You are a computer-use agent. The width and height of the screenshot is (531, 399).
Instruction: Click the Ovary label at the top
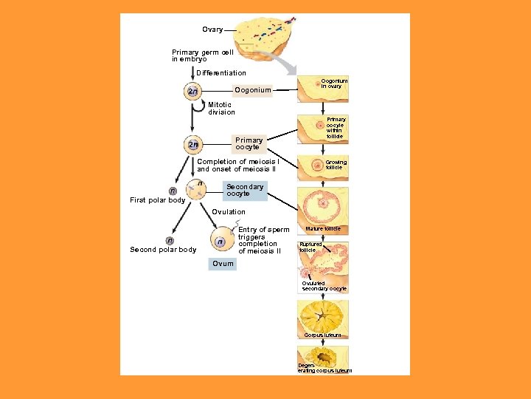coord(212,30)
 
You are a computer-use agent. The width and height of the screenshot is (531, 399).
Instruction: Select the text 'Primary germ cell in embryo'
coord(203,55)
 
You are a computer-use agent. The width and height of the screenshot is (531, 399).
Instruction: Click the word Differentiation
coord(221,73)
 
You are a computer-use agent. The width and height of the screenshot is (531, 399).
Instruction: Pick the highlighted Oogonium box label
coord(253,90)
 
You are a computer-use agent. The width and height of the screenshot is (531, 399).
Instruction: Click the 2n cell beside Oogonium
coord(192,91)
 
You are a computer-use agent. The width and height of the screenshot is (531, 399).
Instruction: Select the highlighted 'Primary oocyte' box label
coord(249,143)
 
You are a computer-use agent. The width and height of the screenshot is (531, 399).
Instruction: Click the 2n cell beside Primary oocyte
coord(192,144)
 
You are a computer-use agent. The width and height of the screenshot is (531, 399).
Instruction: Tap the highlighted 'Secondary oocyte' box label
coord(245,191)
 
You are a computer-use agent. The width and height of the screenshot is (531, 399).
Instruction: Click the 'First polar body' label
coord(158,200)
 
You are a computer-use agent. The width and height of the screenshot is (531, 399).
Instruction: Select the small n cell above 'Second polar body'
coord(170,240)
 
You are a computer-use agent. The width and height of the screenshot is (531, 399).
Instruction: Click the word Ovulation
coord(229,212)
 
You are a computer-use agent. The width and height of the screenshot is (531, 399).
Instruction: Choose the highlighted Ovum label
coord(223,264)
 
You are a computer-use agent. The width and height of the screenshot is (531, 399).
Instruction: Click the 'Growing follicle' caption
coord(336,165)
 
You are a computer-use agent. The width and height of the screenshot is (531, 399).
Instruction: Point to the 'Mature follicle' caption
coord(323,229)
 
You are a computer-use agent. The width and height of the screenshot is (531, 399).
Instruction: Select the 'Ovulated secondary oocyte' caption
coord(324,286)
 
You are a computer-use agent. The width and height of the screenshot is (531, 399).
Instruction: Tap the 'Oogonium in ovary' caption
coord(334,83)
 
